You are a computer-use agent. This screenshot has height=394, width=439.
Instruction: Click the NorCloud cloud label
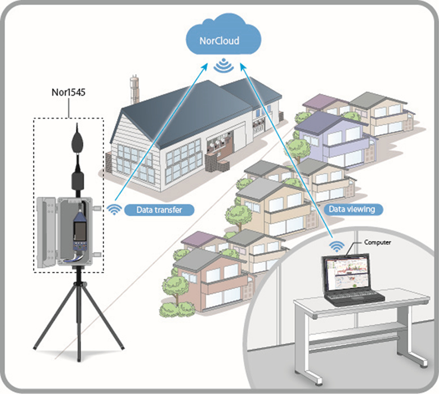point(219,41)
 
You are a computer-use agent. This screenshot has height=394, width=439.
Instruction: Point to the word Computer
point(375,242)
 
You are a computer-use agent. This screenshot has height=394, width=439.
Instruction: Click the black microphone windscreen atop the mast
point(77,142)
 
